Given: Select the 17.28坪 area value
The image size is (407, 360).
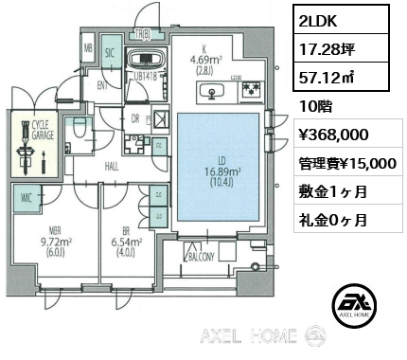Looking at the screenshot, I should [325, 47].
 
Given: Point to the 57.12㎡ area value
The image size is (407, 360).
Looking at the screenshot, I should [327, 79].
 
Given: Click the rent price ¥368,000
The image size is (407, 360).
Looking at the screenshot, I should [328, 136].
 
